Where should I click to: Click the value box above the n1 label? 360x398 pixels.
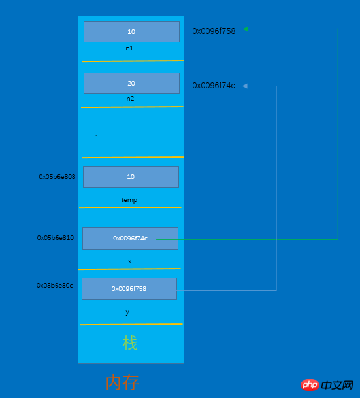point(131,32)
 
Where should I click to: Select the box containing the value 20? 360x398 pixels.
point(131,83)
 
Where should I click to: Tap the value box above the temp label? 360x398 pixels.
point(131,176)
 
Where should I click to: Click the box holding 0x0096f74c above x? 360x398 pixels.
point(130,239)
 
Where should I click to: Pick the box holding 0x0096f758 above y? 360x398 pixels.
point(129,289)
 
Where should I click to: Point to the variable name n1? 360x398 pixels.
point(129,48)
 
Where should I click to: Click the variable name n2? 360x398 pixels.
point(130,99)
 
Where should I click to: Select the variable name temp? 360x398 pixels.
point(129,200)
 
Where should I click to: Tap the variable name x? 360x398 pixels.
point(129,261)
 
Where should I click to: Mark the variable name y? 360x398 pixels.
point(127,312)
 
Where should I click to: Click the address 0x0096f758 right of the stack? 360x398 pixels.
point(214,31)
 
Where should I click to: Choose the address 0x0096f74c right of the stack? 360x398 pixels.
point(214,86)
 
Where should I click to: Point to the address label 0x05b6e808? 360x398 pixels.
point(57,177)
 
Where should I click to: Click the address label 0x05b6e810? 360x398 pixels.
point(56,238)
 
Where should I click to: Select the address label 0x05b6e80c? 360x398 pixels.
point(54,286)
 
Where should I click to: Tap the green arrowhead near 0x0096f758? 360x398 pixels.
point(245,29)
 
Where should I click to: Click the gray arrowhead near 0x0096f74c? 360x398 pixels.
point(245,86)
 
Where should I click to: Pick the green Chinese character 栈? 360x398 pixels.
point(130,343)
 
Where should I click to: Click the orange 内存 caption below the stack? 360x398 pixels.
point(122,382)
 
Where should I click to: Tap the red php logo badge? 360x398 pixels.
point(310,385)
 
